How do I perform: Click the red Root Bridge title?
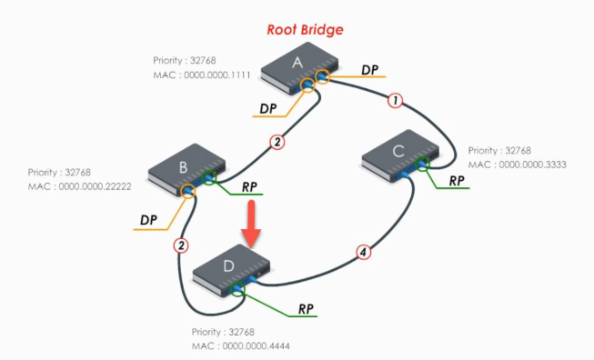click(x=305, y=29)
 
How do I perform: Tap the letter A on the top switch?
click(x=297, y=63)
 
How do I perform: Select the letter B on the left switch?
click(x=184, y=167)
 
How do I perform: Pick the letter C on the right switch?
click(x=398, y=152)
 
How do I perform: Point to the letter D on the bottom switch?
click(x=228, y=266)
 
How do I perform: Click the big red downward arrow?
click(x=251, y=225)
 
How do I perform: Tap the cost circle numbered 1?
click(x=395, y=101)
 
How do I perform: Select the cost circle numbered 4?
click(x=363, y=252)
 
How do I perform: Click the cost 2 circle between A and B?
click(x=277, y=142)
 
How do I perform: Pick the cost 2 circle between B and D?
click(x=181, y=245)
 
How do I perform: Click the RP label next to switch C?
click(x=457, y=181)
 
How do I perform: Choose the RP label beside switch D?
click(x=306, y=309)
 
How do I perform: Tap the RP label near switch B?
click(x=249, y=187)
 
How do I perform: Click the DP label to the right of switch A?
click(x=369, y=70)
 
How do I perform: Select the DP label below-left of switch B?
click(x=148, y=220)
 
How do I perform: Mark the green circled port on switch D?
click(x=237, y=289)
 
